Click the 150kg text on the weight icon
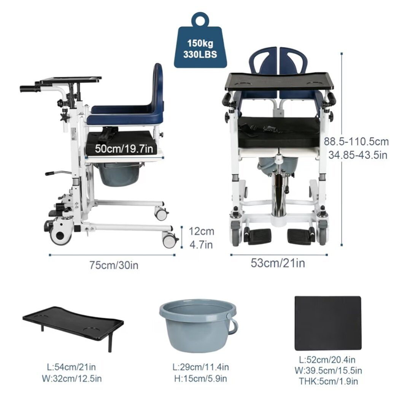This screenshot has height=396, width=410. (200, 43)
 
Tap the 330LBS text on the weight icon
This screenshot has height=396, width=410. (200, 54)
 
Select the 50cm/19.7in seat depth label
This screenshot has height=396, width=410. (124, 149)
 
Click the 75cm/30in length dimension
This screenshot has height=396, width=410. (114, 265)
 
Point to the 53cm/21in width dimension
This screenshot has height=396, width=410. (278, 263)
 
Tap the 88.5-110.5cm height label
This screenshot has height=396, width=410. (356, 141)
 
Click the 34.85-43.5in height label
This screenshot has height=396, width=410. (358, 155)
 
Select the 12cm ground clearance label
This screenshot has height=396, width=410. (201, 231)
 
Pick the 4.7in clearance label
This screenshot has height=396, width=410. (201, 245)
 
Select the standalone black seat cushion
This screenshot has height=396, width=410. (328, 323)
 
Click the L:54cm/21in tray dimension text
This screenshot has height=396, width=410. (72, 367)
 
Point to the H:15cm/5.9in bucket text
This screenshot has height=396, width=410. (200, 378)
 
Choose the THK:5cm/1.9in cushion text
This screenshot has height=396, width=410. (328, 381)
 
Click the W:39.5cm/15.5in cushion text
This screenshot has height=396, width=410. (328, 370)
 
